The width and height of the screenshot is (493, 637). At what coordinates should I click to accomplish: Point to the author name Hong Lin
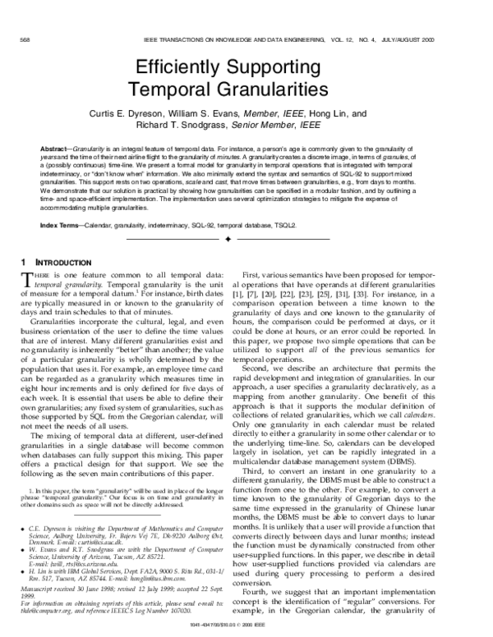[x=331, y=114]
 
